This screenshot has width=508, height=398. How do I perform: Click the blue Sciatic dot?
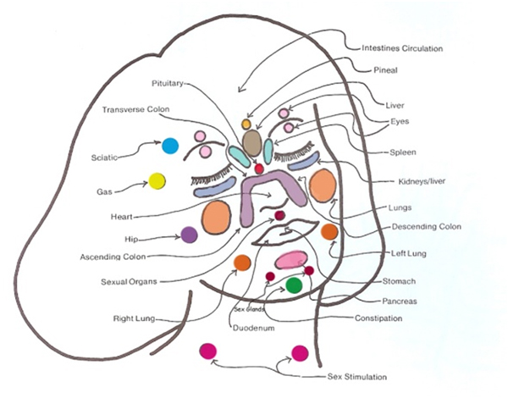click(x=170, y=146)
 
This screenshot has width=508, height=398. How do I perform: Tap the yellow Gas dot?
click(x=157, y=181)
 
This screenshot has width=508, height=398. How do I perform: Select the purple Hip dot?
click(x=189, y=235)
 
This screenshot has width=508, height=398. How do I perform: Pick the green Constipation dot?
click(x=294, y=285)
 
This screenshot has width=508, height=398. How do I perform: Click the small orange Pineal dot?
click(x=246, y=124)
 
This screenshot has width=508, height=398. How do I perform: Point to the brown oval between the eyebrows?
click(x=252, y=143)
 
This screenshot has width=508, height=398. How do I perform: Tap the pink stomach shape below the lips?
click(x=291, y=260)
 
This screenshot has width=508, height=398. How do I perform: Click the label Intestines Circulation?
click(x=402, y=48)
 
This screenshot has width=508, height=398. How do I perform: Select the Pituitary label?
click(x=167, y=84)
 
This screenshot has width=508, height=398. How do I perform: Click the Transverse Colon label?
click(x=135, y=109)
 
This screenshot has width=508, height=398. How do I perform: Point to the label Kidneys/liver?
click(x=422, y=181)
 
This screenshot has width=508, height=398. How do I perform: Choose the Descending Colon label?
click(x=427, y=227)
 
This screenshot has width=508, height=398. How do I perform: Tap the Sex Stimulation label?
click(x=357, y=377)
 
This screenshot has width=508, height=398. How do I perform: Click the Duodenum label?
click(x=254, y=328)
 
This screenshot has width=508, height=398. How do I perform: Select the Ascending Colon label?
click(x=113, y=257)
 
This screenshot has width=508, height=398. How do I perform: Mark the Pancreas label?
click(x=400, y=301)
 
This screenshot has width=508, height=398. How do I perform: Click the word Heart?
click(x=122, y=217)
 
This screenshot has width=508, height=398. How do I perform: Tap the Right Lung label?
click(x=134, y=318)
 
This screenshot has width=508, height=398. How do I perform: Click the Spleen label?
click(x=403, y=152)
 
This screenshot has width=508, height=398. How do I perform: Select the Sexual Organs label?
click(x=129, y=282)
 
